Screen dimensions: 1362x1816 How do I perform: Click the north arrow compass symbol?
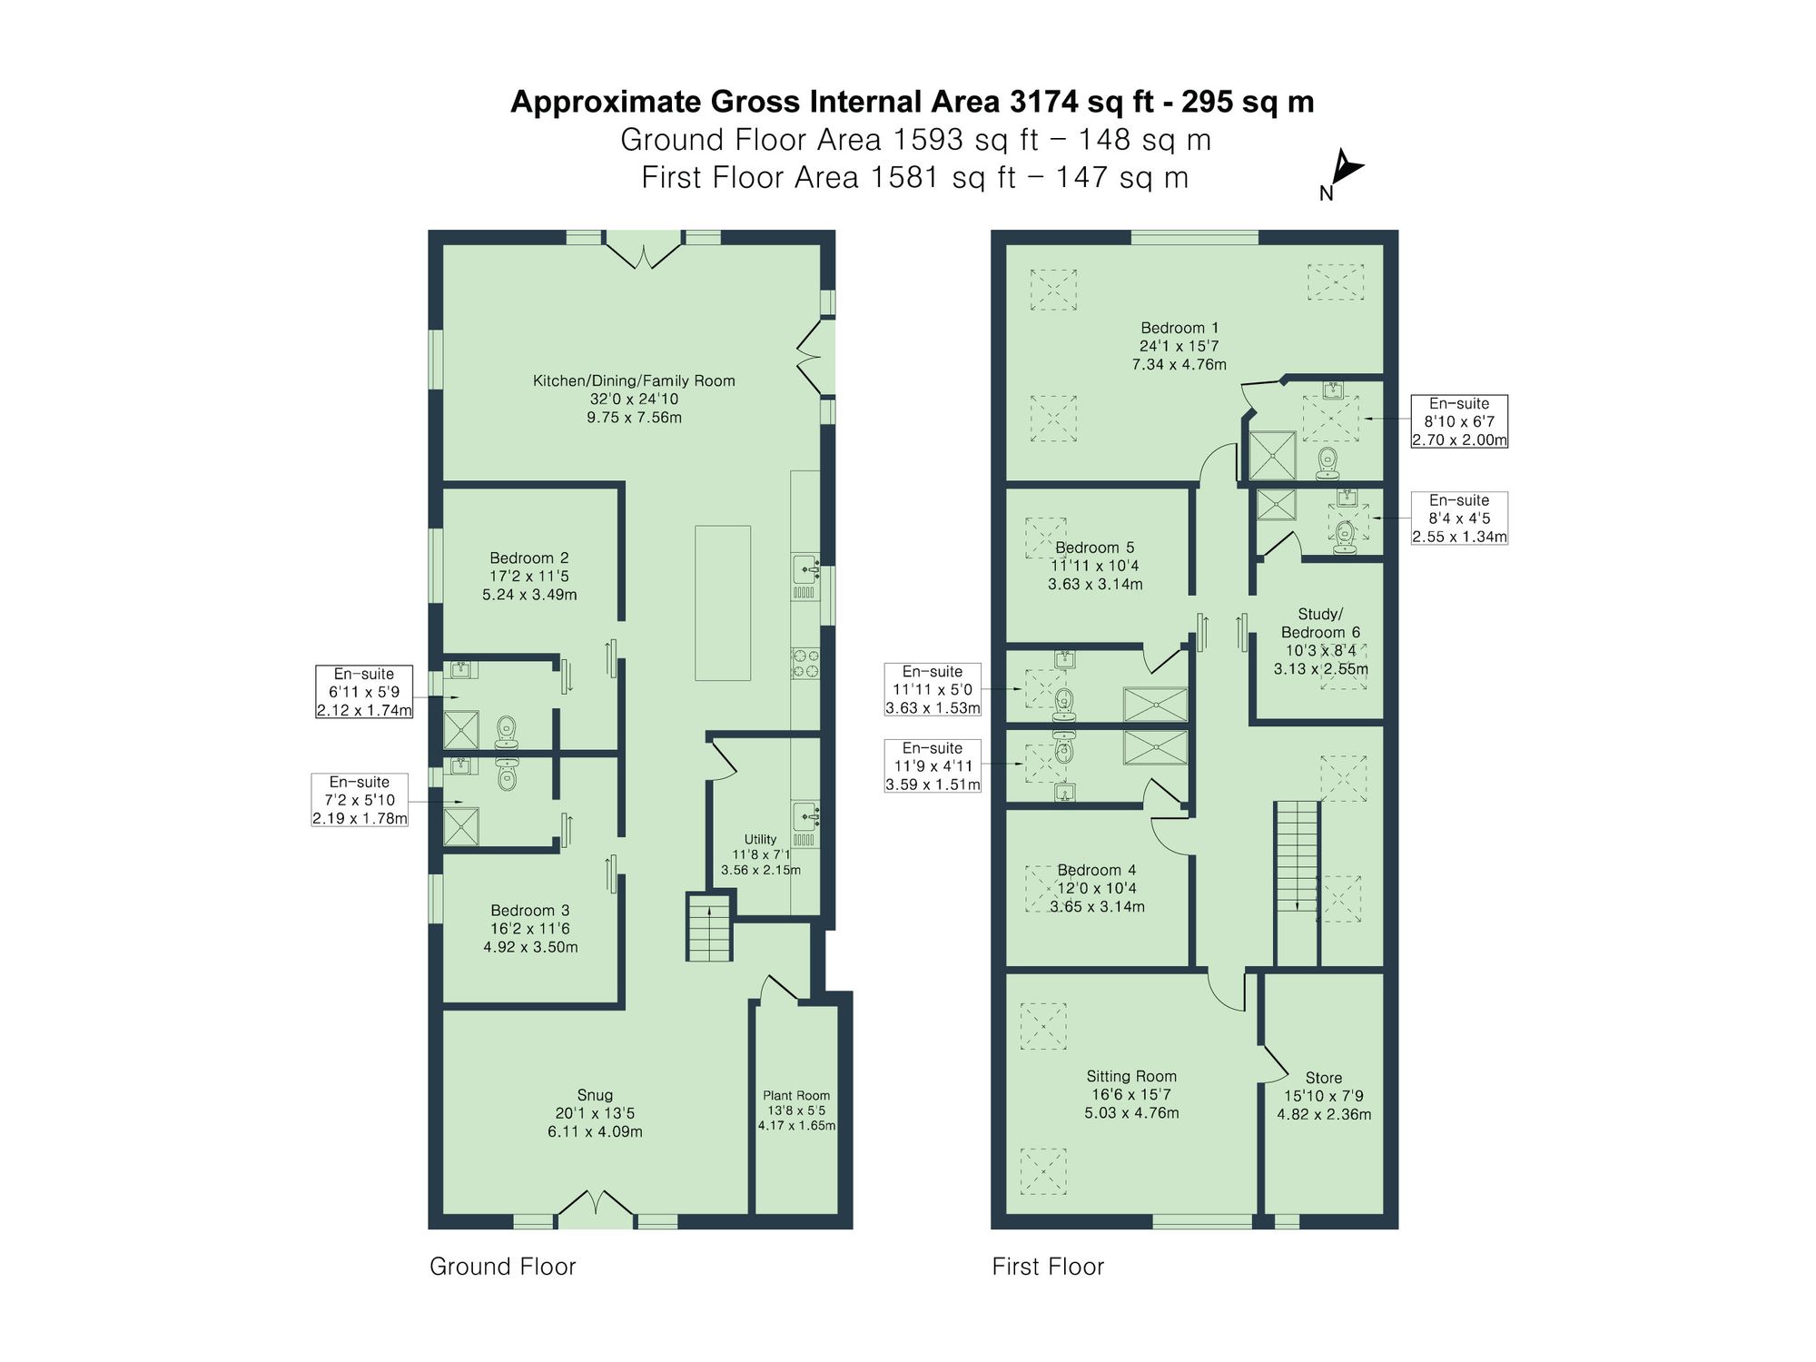coord(1346,171)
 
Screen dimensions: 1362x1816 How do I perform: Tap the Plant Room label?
coord(796,1110)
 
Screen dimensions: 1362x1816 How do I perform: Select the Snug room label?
coord(595,1112)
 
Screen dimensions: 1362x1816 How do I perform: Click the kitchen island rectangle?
coord(723,603)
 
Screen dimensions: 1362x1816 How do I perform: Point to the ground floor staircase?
coord(708,927)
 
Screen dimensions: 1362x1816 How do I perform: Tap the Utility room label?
coord(761,854)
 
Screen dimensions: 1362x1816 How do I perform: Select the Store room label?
coord(1324,1095)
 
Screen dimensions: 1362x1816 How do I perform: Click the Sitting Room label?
coord(1131,1093)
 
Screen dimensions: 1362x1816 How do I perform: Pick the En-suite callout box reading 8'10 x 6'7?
coord(1459,421)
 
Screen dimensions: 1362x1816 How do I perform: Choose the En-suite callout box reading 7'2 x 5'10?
coord(360,799)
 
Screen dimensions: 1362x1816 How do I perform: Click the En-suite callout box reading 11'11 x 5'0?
coord(933,689)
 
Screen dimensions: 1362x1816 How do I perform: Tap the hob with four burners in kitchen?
coord(805,662)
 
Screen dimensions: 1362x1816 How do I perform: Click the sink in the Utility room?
coord(805,816)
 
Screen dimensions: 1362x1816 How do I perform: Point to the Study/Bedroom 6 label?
coord(1320,641)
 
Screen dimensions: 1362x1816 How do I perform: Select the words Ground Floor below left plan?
coord(502,1266)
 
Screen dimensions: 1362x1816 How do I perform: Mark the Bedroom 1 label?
coord(1179,345)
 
